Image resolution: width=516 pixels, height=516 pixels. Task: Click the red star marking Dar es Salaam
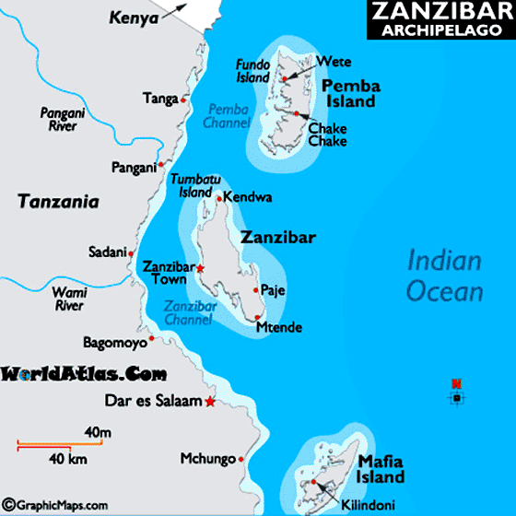pos(211,402)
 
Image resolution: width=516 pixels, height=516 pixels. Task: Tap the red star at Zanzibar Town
pos(201,269)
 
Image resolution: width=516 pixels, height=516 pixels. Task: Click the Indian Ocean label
pos(445,276)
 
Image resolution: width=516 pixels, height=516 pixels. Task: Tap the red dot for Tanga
pos(184,100)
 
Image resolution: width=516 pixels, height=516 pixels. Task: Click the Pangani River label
pos(64,120)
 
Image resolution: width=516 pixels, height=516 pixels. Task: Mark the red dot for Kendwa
pos(218,197)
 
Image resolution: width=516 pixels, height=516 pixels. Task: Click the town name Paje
pos(274,291)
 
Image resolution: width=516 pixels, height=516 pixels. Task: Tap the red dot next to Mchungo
pos(240,458)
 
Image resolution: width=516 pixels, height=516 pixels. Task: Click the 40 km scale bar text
pos(61,459)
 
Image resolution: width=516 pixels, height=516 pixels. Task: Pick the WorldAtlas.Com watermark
pos(84,374)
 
